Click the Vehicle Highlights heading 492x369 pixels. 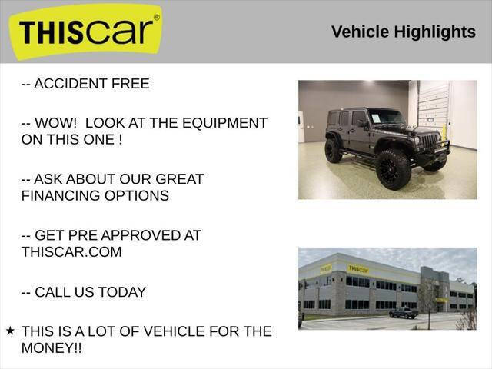coord(404,32)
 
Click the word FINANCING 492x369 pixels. coord(63,195)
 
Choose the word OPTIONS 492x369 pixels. coord(140,195)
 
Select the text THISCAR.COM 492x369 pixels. coord(71,251)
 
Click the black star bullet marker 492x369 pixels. coord(10,331)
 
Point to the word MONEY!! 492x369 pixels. coord(52,348)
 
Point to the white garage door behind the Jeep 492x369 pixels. coord(433,108)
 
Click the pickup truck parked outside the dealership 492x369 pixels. coord(404,313)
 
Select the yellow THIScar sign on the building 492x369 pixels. coord(358,269)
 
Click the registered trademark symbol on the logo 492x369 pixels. coord(157,17)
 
